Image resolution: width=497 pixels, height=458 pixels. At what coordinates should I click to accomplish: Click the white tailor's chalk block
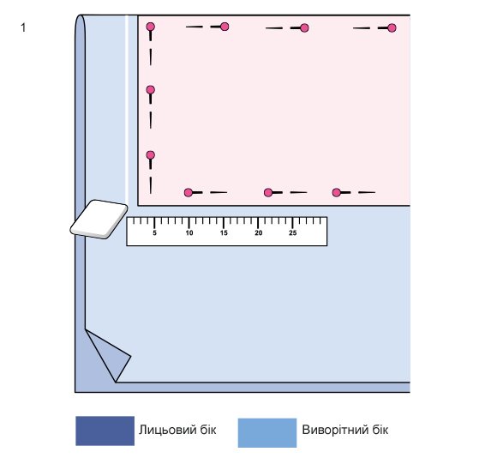coord(99,220)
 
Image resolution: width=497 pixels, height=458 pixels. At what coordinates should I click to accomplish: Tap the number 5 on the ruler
coord(155,233)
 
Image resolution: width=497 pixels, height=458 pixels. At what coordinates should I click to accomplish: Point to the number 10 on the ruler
coord(189,233)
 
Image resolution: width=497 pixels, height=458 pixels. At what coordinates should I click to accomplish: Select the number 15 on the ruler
coord(224,233)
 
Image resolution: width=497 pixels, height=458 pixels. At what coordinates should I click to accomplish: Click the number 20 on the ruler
coord(258,233)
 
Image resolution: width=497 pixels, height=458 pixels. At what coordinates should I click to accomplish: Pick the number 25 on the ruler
coord(293,233)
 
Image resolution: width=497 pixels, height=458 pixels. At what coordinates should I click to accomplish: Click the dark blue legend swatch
coord(105,431)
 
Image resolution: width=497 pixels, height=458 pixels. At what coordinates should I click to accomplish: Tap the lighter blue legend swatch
coord(267,433)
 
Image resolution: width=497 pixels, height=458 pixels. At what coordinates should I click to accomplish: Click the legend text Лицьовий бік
coord(177,430)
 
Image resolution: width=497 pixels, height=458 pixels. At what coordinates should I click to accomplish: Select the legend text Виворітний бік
coord(344,430)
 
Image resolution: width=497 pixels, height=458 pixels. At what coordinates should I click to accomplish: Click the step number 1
coord(23,27)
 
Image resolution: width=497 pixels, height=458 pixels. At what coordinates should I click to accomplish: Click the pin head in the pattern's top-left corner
coord(151,27)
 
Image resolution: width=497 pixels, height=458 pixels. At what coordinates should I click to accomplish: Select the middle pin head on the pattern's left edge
coord(151,90)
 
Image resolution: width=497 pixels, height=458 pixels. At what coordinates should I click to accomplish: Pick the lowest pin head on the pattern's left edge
coord(151,155)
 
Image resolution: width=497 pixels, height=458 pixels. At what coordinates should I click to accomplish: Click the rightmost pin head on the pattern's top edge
coord(392,28)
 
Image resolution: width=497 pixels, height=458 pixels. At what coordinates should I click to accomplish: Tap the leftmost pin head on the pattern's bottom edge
coord(189,192)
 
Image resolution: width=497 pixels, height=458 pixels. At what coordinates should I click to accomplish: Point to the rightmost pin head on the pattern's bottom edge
coord(336,192)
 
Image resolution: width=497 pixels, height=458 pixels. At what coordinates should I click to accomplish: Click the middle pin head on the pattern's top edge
coord(304,28)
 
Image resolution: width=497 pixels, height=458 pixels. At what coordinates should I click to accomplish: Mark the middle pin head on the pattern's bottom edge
coord(268,192)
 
